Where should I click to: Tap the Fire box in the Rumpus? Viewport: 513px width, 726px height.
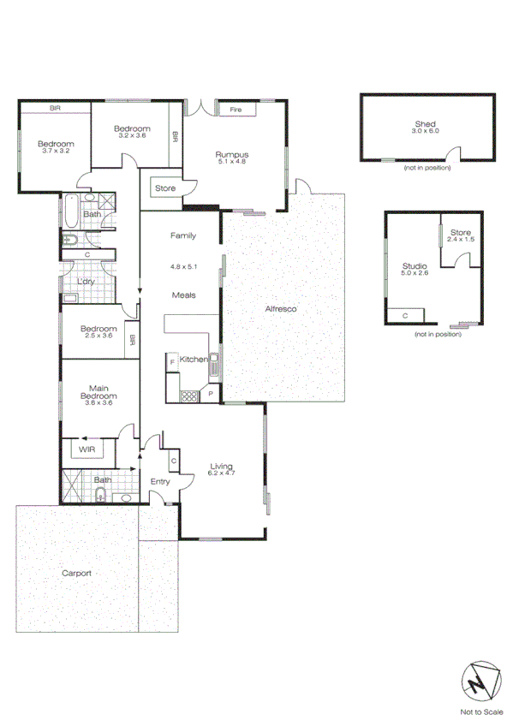[236, 110]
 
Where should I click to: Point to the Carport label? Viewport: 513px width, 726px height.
[75, 574]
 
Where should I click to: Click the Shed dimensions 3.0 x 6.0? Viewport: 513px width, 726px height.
[425, 131]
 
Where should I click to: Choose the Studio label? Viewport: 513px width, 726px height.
[415, 266]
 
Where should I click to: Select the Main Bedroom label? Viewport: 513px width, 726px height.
[98, 392]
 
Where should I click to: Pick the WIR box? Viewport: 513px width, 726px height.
[86, 449]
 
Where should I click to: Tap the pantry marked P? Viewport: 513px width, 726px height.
[212, 395]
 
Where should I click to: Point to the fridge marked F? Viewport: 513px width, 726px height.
[172, 363]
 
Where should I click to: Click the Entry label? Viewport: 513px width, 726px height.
[160, 482]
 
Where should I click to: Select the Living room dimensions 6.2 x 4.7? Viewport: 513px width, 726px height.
[222, 473]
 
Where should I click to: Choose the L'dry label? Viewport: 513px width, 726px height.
[86, 282]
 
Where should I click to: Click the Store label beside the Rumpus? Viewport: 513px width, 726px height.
[164, 188]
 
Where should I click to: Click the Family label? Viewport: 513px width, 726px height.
[183, 235]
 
